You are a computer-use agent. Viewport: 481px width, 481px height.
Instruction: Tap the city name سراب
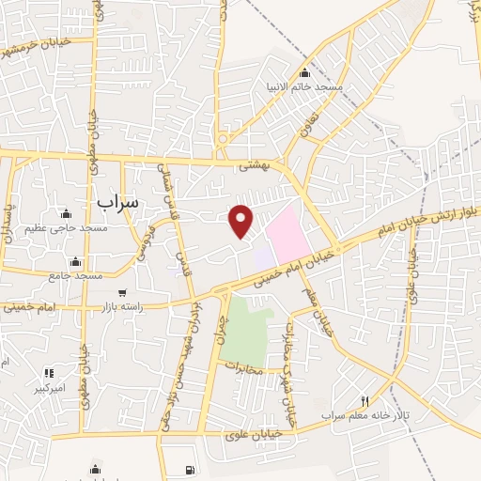117,201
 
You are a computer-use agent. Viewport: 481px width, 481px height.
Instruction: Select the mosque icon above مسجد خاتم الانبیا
303,73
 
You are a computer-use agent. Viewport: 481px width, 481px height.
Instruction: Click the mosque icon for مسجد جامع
75,261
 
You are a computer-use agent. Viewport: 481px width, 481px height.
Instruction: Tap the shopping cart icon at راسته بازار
121,293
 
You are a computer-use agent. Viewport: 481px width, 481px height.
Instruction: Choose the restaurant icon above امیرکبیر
49,373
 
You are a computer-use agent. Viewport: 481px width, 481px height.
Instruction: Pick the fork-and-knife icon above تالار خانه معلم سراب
365,401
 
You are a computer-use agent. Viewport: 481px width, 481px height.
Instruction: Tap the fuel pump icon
192,470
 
